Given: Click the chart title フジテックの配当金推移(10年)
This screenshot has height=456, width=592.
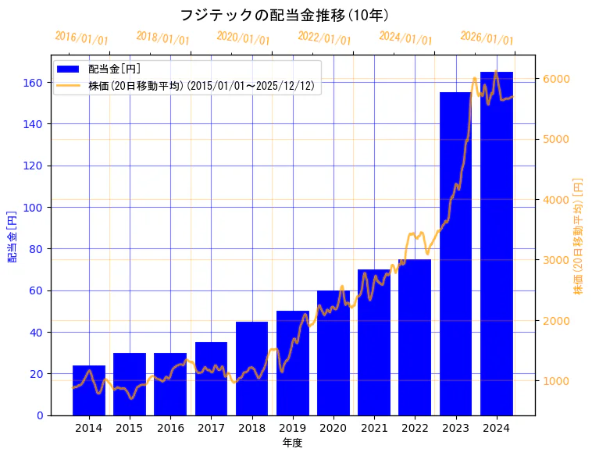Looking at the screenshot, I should (284, 16).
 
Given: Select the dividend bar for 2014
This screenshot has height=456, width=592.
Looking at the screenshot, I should (89, 390).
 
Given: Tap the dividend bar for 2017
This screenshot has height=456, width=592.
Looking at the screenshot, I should (211, 379).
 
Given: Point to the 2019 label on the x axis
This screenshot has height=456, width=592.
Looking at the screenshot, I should (293, 428).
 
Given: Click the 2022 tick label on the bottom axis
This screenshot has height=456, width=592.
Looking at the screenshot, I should (415, 428).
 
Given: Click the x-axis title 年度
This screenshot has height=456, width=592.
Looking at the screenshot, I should (292, 443).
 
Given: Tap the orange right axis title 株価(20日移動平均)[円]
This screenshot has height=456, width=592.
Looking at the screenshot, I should (579, 235).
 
